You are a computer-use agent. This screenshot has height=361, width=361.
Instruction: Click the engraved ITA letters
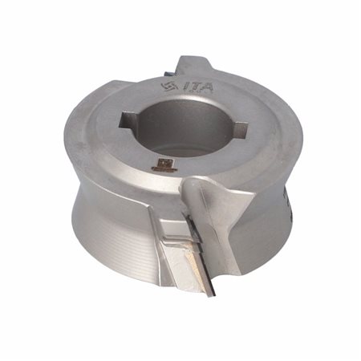[199, 87]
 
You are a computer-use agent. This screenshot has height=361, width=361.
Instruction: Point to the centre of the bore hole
[185, 126]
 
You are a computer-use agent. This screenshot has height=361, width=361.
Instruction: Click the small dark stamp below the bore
[162, 165]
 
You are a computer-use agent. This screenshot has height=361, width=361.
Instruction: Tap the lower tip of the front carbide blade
[213, 296]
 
